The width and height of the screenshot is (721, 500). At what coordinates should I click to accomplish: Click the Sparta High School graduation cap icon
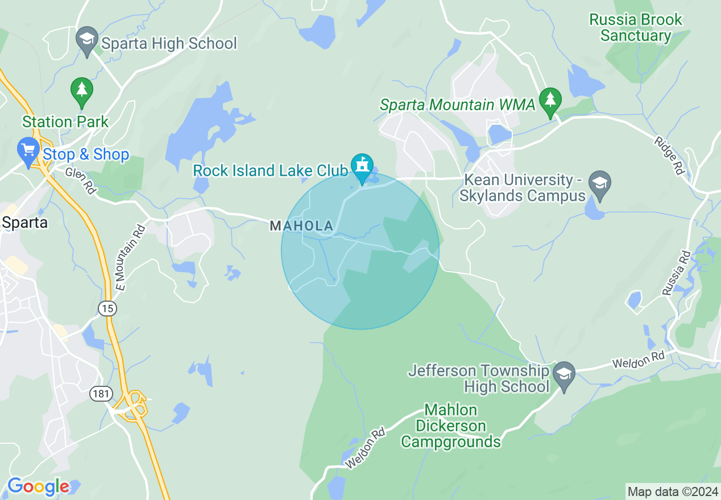(x=86, y=40)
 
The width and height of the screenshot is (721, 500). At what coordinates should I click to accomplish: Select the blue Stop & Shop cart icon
(x=28, y=151)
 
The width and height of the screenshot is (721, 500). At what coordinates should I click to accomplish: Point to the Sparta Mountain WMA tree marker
(x=550, y=101)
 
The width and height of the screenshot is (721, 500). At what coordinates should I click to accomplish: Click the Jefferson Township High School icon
(x=564, y=374)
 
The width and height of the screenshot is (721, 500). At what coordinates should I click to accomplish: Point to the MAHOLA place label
(x=301, y=226)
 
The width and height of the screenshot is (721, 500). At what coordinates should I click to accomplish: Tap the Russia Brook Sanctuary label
(x=636, y=27)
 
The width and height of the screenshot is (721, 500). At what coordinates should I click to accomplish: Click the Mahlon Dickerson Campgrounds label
(x=451, y=426)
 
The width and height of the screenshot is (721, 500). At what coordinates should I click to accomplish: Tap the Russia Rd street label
(x=676, y=273)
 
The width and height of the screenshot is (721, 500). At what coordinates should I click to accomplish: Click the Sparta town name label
(x=24, y=222)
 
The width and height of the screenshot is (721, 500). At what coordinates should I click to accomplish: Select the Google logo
(x=38, y=487)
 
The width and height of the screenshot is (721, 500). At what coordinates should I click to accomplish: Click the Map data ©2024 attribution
(x=672, y=491)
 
